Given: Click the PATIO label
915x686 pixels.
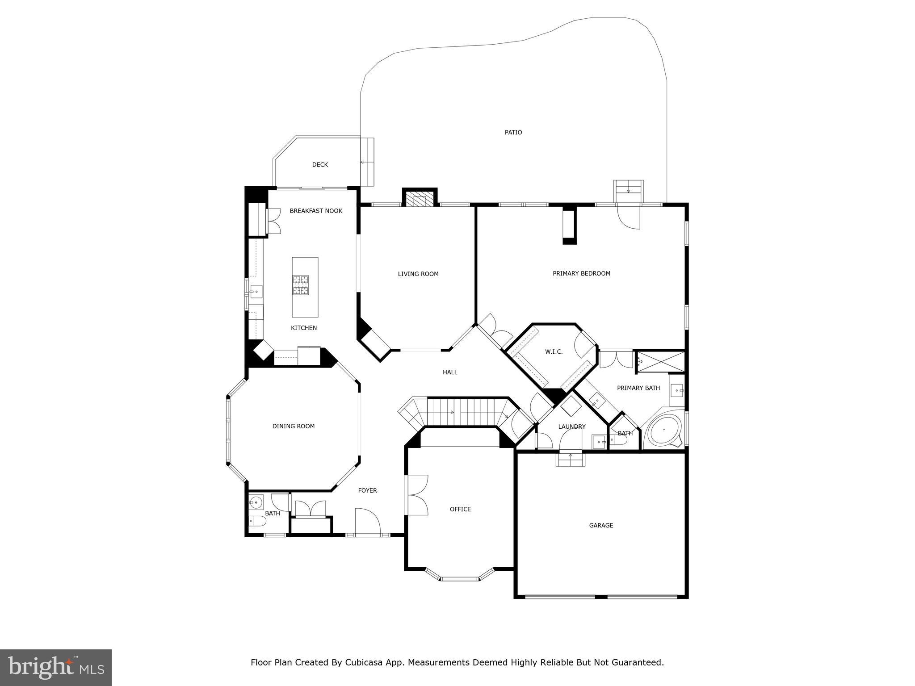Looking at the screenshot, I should [513, 132].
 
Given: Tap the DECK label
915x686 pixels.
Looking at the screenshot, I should [320, 165].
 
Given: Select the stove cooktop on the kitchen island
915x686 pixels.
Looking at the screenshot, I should [301, 285].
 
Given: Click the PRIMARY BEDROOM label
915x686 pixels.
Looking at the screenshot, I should [581, 273].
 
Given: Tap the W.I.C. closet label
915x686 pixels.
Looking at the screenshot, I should [554, 351].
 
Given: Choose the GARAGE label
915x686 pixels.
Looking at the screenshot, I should [601, 525].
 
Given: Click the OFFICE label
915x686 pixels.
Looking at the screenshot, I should [460, 509].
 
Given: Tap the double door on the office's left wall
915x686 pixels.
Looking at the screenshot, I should [417, 495].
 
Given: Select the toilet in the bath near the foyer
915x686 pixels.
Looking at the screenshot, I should [257, 521].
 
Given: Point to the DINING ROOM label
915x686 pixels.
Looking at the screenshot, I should [294, 426].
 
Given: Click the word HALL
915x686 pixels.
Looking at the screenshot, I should [450, 372].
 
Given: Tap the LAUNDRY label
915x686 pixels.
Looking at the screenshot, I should [571, 427].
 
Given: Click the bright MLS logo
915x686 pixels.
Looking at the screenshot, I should [56, 667].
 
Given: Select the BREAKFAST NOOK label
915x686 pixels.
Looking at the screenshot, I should [316, 211].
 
